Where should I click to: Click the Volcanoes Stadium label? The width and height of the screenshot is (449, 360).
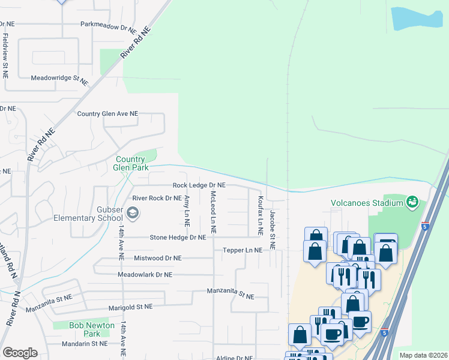366,203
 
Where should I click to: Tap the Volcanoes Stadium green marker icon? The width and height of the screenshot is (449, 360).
412,202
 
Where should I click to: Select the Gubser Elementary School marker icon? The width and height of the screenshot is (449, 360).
133,212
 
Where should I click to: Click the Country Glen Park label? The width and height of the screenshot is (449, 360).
131,163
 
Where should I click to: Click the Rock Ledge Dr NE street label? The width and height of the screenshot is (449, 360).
199,186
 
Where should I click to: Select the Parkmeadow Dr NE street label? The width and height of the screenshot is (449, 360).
109,27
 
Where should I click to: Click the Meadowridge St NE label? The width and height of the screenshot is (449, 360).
59,78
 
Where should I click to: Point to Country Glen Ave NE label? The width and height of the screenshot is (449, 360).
107,113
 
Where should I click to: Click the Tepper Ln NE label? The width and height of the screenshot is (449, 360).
243,250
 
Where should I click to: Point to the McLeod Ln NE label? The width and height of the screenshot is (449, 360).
213,212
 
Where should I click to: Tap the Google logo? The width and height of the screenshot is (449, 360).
20,353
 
